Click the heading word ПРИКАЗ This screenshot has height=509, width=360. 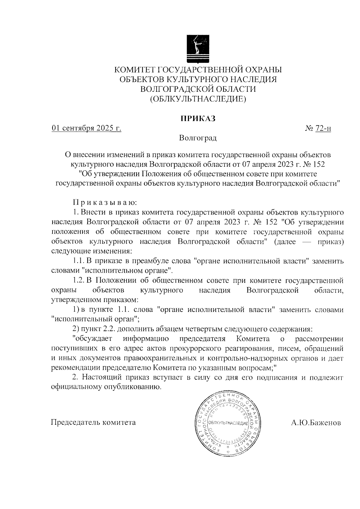point(198,118)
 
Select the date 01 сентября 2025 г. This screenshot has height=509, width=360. point(86,129)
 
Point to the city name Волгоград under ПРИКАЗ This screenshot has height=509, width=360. point(198,138)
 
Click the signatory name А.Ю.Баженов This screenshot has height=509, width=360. point(316,423)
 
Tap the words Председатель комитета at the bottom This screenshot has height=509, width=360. point(93,423)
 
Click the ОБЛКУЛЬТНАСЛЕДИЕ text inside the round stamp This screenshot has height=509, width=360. point(228,423)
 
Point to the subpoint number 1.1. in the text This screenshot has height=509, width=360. point(79,261)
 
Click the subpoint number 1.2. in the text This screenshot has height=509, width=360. point(79,281)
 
